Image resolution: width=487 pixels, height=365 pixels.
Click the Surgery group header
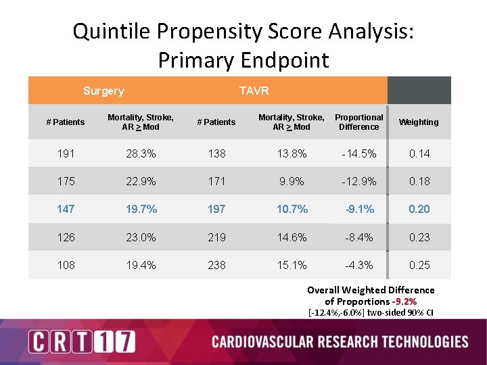[x=103, y=91]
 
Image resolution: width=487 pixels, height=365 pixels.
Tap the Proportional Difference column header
[x=358, y=122]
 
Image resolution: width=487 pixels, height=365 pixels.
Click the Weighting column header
[x=418, y=122]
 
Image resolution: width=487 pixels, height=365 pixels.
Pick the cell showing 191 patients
[x=66, y=153]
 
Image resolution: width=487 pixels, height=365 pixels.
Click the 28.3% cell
[x=141, y=153]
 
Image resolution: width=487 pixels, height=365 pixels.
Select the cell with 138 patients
[x=216, y=153]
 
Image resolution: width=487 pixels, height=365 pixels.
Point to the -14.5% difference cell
[x=358, y=153]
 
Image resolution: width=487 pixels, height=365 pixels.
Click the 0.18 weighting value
[x=419, y=181]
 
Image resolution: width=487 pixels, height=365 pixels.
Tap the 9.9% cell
[x=292, y=181]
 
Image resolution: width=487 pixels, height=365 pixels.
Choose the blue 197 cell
[x=216, y=209]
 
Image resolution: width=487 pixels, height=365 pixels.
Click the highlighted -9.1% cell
[x=358, y=209]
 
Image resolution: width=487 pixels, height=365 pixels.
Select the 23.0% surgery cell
[x=141, y=237]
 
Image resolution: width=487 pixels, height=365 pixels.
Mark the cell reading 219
[x=216, y=237]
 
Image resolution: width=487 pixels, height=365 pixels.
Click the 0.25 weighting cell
[x=419, y=265]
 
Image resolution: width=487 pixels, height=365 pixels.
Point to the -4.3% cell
[x=358, y=265]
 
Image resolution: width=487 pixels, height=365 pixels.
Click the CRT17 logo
[x=81, y=341]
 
